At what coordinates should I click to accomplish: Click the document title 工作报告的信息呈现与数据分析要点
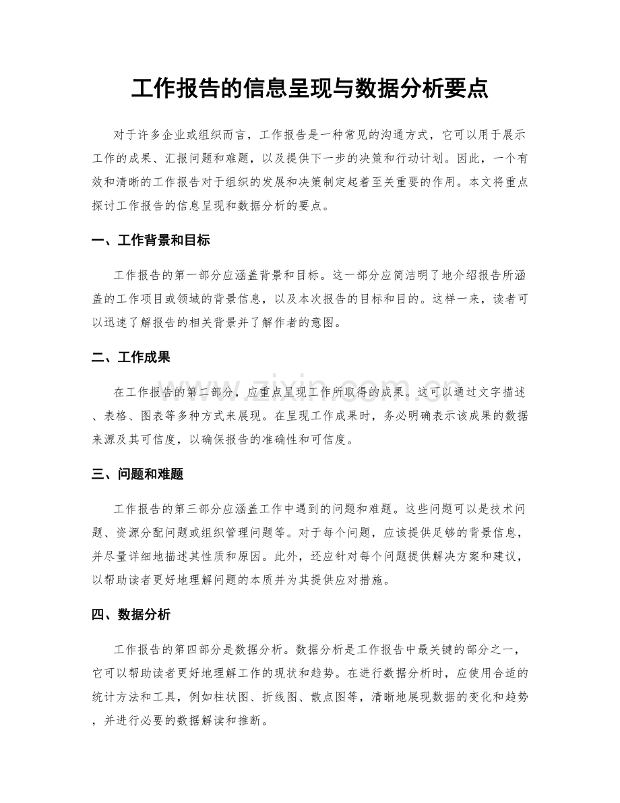(x=309, y=89)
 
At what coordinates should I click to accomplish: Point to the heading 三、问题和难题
(x=137, y=475)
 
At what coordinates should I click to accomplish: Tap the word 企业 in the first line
(x=181, y=135)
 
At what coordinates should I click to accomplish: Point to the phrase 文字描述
(x=495, y=392)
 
